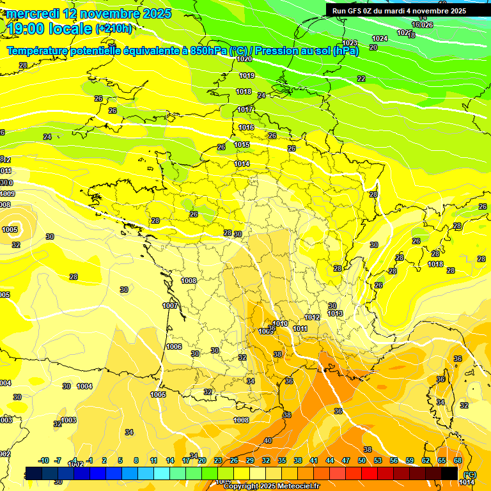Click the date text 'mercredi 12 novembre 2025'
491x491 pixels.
click(89, 13)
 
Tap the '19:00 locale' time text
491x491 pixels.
click(49, 28)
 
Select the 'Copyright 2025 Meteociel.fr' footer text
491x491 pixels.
click(271, 486)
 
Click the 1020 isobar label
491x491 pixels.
click(244, 59)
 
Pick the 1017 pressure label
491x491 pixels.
click(245, 110)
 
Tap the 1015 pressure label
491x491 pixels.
click(242, 145)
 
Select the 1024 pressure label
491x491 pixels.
click(380, 38)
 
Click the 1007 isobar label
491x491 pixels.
click(170, 306)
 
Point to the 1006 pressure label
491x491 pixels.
click(174, 347)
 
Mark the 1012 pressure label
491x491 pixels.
click(312, 318)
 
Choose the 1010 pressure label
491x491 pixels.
click(280, 323)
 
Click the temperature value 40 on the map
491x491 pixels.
click(267, 440)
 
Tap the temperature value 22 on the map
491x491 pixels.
click(361, 79)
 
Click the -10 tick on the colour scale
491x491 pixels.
click(43, 460)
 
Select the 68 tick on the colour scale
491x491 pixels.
click(458, 460)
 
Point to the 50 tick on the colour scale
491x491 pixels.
click(361, 460)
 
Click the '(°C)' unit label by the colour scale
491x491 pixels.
click(470, 474)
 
